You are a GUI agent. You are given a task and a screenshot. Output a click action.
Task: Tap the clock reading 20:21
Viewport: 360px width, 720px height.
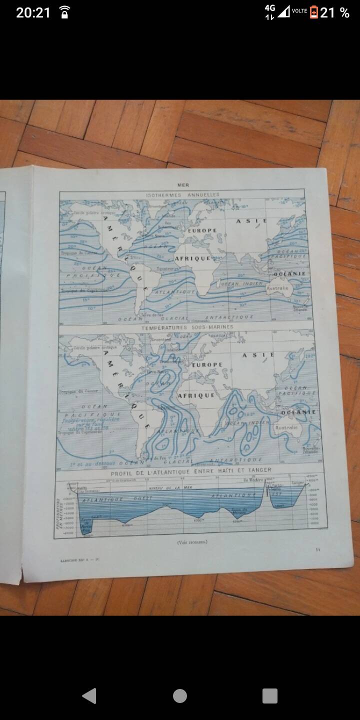(33, 12)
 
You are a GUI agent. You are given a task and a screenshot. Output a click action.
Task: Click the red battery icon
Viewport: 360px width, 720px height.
(314, 12)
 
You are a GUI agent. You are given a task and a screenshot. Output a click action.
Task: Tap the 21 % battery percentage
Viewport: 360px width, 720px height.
(334, 12)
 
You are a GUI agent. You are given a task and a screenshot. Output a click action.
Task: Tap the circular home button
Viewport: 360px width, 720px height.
(180, 695)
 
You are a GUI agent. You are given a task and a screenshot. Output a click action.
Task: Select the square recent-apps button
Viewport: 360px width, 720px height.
(269, 695)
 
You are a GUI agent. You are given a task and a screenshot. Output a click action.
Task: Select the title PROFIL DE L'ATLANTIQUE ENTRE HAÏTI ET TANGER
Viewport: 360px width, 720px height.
(191, 470)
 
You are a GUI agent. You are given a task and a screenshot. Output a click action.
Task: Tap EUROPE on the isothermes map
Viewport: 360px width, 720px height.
(201, 230)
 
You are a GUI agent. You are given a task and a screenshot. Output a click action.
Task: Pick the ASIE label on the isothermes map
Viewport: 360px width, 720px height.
(252, 221)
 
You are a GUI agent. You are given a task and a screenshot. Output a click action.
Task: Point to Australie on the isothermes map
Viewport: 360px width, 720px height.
(278, 288)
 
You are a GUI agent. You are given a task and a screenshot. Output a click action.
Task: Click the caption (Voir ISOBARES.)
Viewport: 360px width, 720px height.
(191, 542)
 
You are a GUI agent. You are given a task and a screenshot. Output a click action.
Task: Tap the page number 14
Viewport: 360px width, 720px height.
(317, 549)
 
